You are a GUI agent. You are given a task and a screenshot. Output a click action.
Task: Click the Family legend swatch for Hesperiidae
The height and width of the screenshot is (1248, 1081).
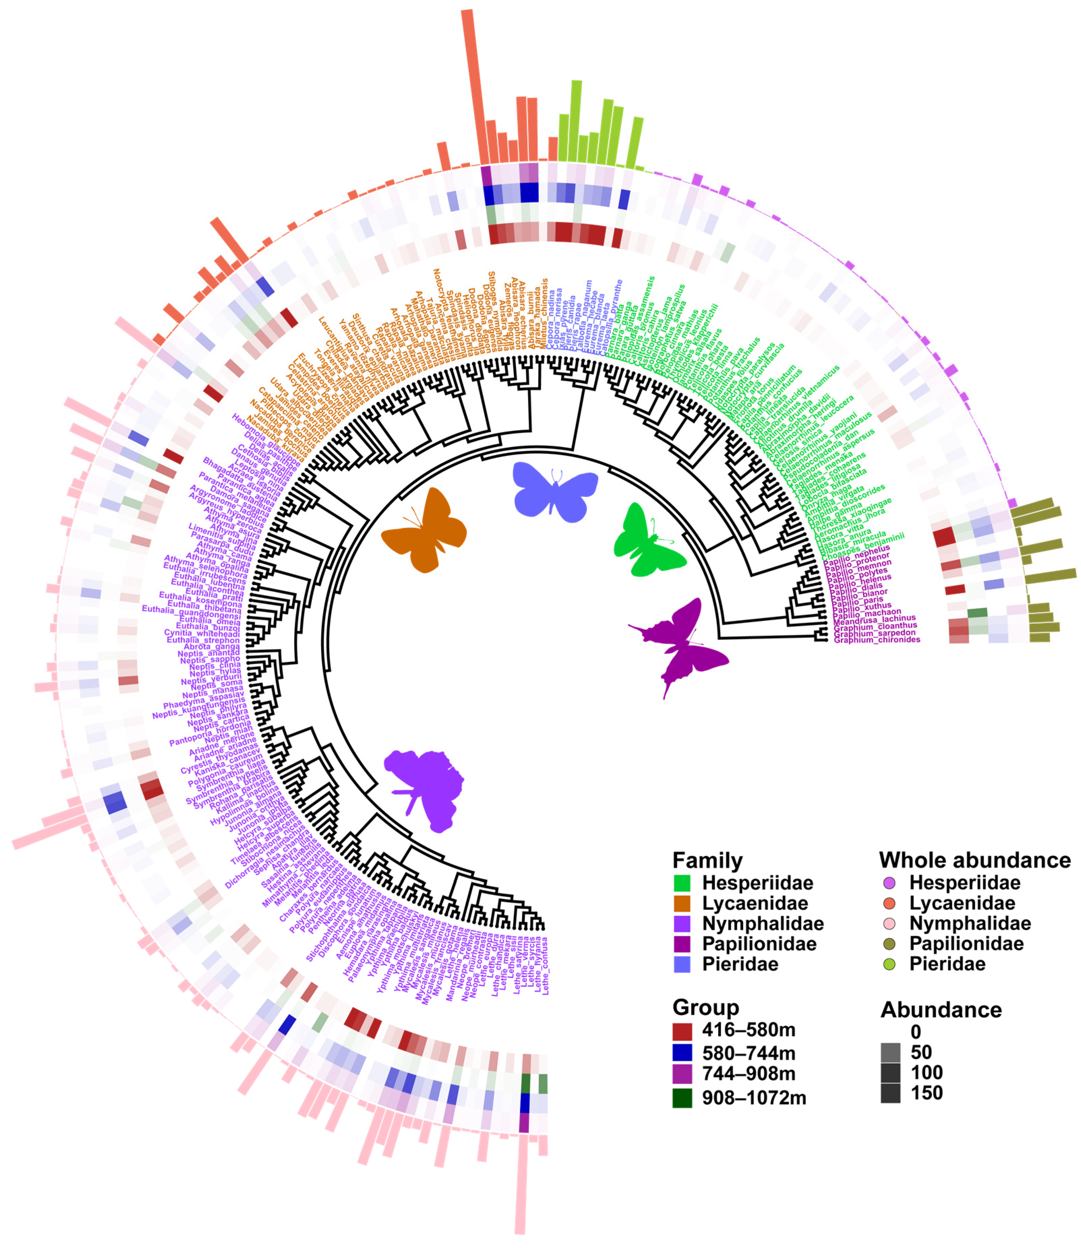click(682, 883)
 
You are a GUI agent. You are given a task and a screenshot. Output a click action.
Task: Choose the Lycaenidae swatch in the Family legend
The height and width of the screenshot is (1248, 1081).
click(682, 903)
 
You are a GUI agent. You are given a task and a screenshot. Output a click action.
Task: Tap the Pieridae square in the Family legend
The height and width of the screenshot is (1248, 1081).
click(682, 964)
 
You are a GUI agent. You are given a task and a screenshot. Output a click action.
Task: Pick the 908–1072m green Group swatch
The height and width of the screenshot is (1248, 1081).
click(682, 1098)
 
